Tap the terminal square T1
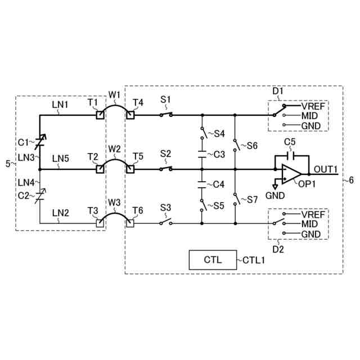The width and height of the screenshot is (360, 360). pos(99,115)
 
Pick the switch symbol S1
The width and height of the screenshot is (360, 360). pos(165,115)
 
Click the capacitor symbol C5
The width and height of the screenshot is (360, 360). pos(290,155)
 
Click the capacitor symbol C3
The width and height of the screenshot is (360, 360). pos(202,154)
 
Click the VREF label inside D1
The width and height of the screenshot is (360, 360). pos(312,105)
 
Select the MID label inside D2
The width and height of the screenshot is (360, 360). pos(310,224)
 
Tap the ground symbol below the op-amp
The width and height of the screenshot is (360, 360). pos(274,185)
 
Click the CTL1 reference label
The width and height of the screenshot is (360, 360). pos(254,260)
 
